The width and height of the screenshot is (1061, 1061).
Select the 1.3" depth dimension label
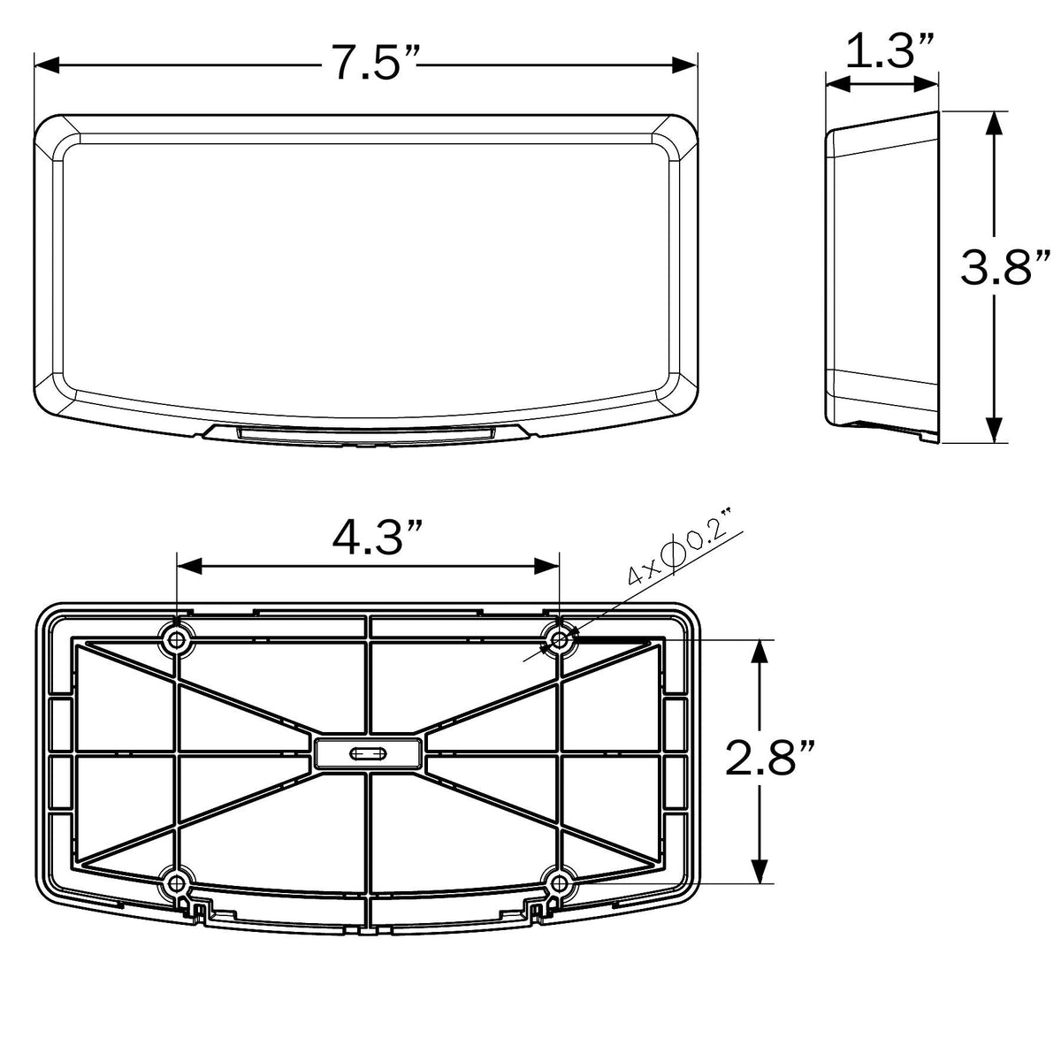click(889, 50)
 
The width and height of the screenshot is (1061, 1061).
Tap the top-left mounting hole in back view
click(176, 639)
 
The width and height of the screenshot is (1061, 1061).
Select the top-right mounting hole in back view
click(560, 639)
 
